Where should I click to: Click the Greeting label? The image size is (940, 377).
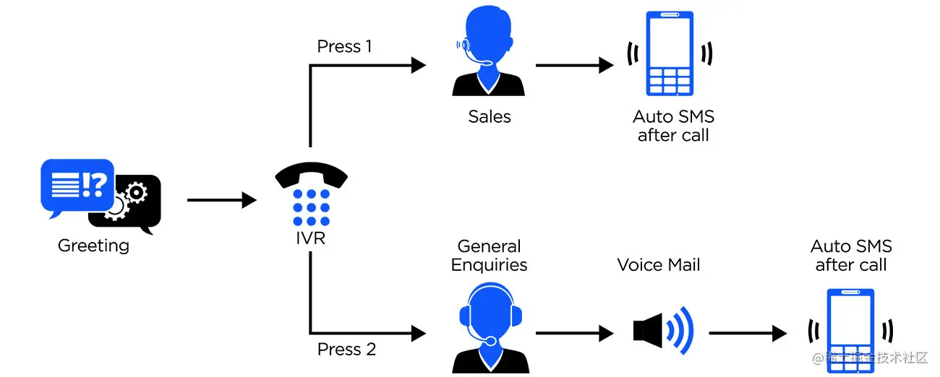93,246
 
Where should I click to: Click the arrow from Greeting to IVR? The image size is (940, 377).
221,200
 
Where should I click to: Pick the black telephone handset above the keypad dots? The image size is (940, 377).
312,175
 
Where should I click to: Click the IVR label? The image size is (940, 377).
311,238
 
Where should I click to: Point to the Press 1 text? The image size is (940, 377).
344,47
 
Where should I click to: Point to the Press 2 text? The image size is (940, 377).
346,350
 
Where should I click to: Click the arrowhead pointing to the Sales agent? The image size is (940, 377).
418,65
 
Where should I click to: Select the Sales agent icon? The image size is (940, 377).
489,55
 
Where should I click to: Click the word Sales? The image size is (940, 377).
489,117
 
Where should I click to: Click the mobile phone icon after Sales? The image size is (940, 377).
670,54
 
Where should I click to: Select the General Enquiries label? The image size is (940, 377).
489,256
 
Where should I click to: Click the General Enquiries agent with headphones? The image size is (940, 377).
489,326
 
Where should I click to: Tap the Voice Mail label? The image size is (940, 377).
658,265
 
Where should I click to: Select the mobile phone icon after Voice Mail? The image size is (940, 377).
850,331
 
